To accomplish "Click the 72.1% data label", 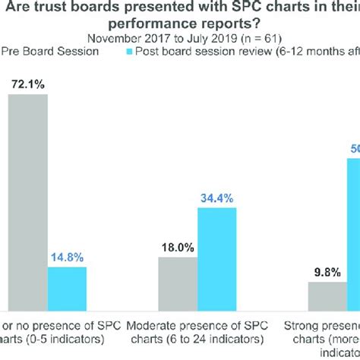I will pos(27,84).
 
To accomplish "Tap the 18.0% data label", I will pos(178,247).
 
